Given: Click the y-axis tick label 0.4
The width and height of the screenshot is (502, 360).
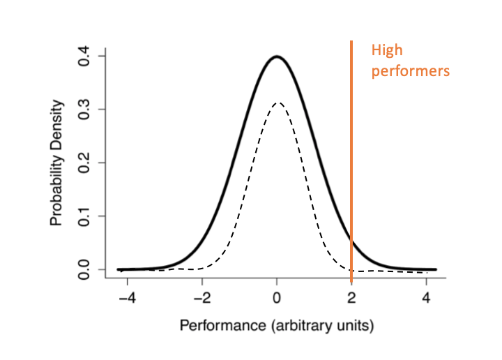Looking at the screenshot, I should coord(85,56).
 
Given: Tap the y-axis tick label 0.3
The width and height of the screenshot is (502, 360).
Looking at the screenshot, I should coord(85,110).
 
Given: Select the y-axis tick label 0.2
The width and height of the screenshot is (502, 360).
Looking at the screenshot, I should coord(85,163).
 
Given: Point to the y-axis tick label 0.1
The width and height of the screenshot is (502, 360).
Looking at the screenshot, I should coord(85,216).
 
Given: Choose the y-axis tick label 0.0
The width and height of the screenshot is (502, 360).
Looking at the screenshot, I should coord(85,269).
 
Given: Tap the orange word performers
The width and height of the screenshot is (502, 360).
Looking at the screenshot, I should coord(410,70).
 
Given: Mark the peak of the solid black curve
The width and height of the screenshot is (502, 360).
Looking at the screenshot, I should coord(277,57).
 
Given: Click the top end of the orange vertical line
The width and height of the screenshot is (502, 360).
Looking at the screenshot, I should coord(351,42).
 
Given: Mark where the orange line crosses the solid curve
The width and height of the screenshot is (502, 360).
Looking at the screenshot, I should coord(351,241).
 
